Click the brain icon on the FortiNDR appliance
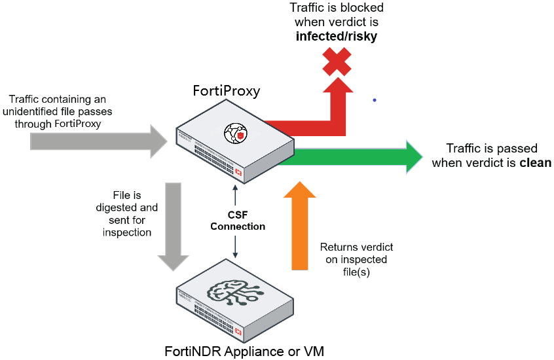pos(234,294)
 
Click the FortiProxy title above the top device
pos(227,90)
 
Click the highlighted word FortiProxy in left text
pos(78,123)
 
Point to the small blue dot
pos(375,100)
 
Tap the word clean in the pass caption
pos(535,162)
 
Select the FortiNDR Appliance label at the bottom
pos(239,352)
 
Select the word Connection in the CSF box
pos(237,226)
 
